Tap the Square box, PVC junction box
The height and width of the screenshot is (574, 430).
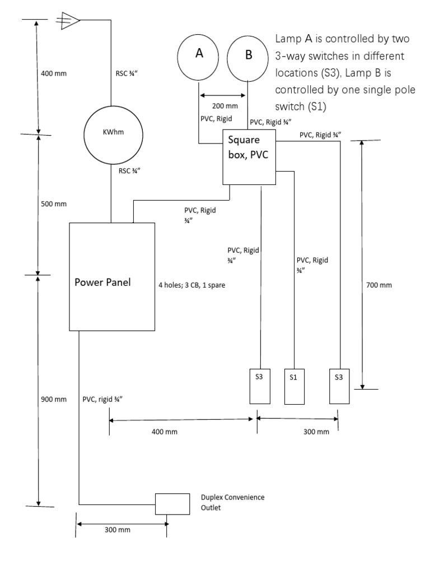coord(250,156)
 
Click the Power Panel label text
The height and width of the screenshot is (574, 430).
coord(103,282)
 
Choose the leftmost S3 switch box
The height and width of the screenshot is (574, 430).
coord(259,386)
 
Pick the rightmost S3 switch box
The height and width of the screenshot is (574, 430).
coord(339,386)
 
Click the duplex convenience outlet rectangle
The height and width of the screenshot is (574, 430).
coord(173,504)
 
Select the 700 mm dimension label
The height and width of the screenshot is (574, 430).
coord(379,285)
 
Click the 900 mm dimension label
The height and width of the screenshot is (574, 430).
coord(54,400)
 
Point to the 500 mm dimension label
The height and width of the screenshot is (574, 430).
coord(54,203)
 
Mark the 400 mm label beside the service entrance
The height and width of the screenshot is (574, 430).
coord(54,73)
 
